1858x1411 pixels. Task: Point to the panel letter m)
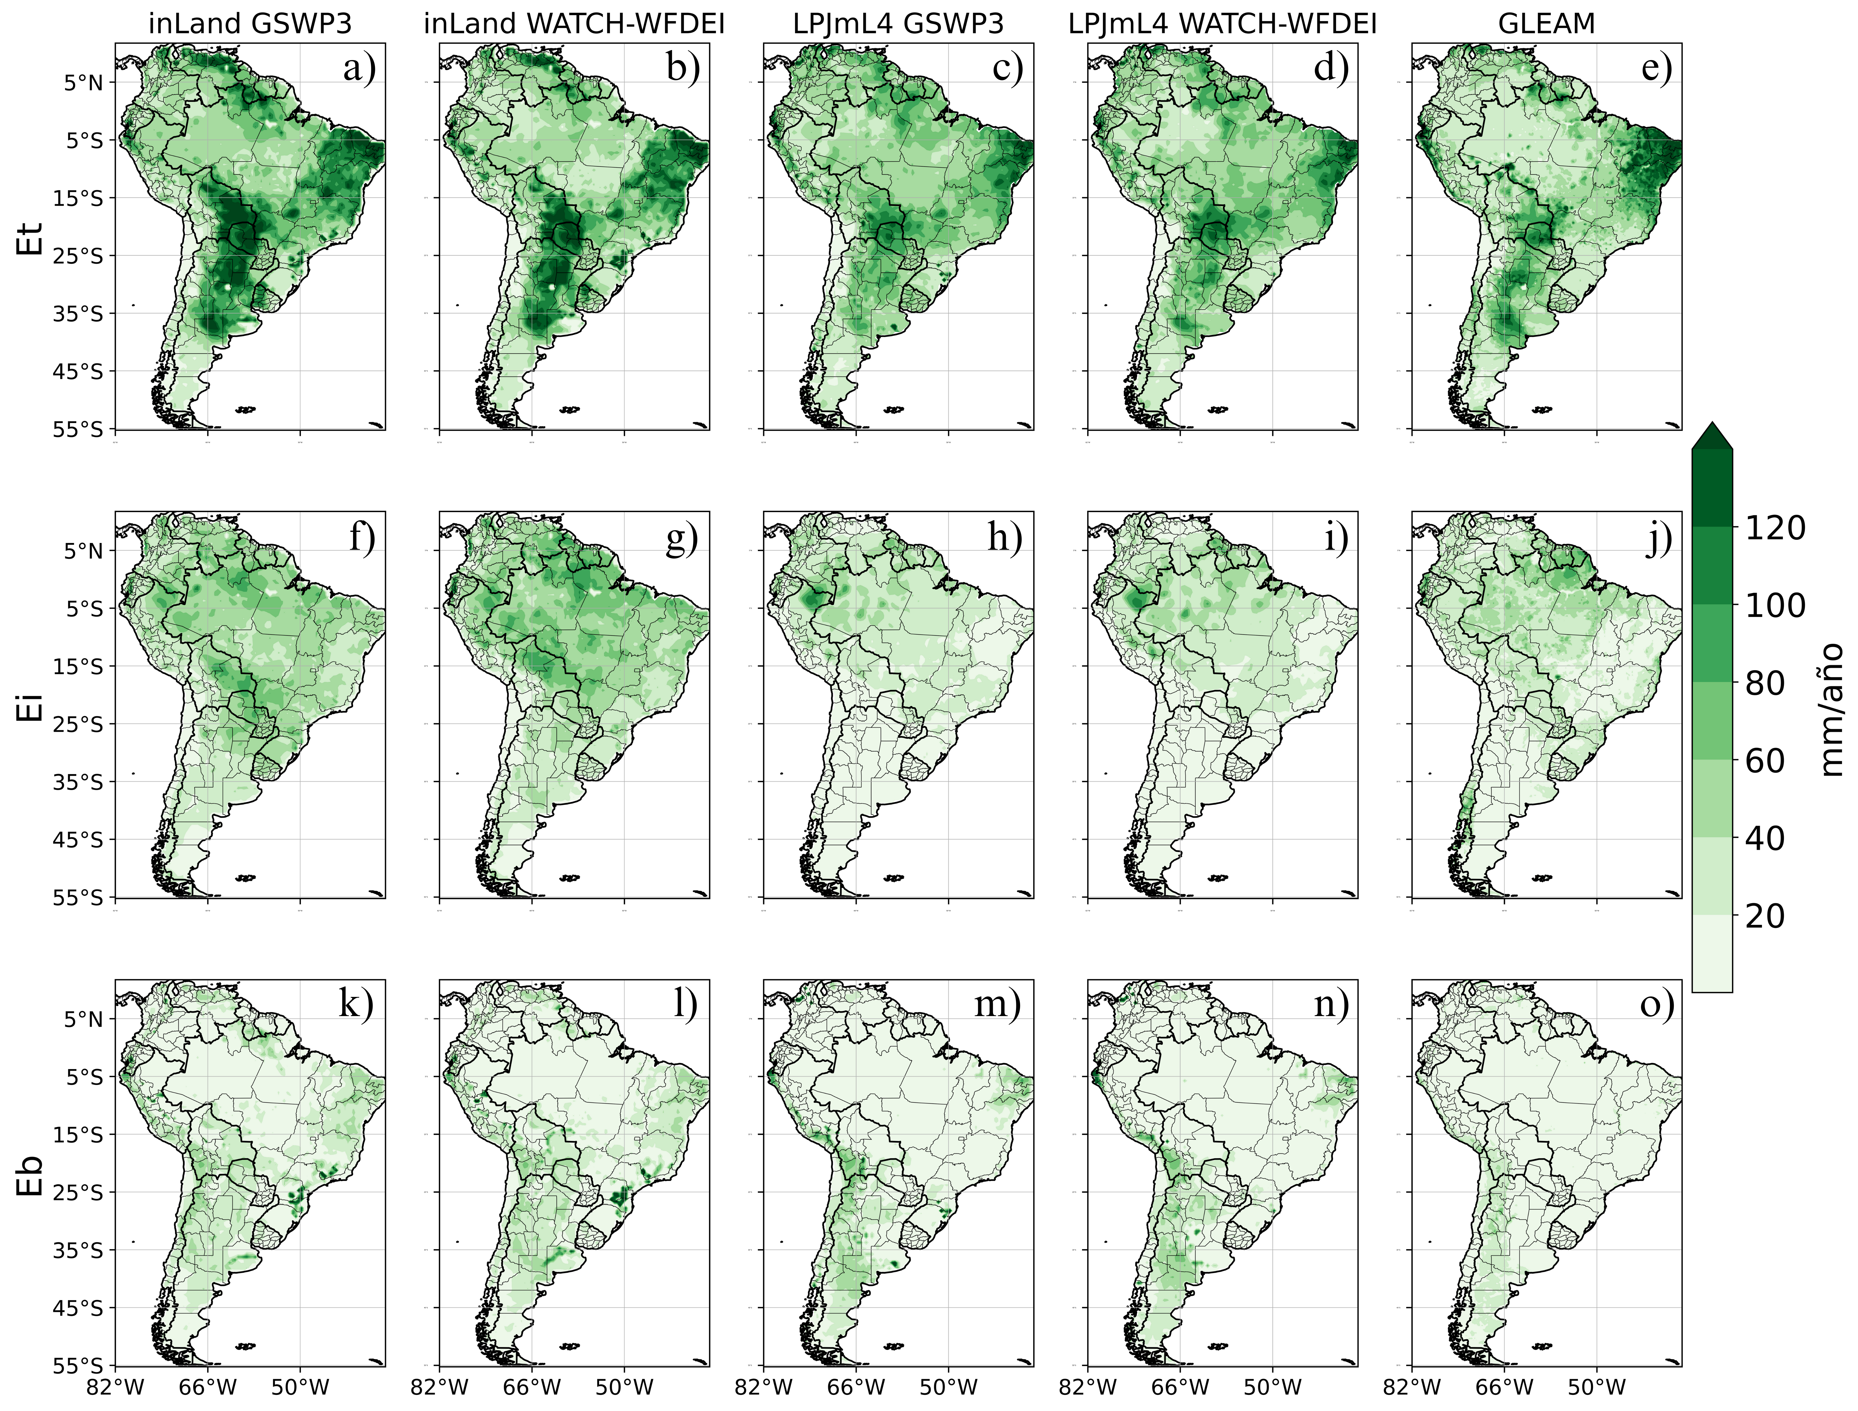tap(997, 1004)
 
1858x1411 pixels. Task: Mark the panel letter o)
tap(1656, 1004)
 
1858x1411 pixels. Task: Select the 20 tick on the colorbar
tap(1764, 916)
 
